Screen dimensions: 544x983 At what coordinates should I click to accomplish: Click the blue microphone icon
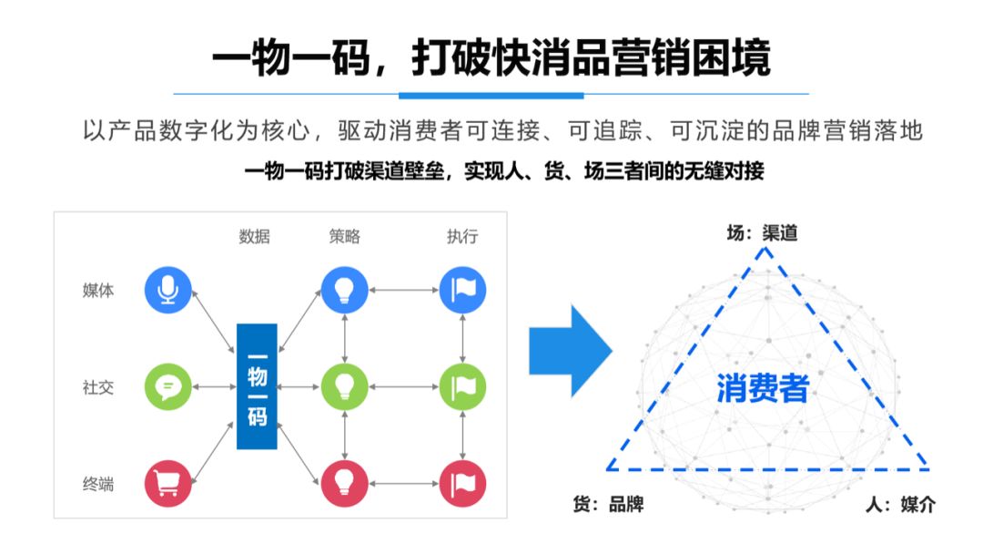click(168, 290)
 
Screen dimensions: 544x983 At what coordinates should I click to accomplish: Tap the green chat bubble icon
click(168, 386)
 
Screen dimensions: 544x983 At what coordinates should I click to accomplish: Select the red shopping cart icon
click(168, 483)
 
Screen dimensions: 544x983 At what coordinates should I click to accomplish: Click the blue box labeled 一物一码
click(257, 386)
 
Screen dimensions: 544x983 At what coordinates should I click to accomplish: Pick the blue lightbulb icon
click(344, 290)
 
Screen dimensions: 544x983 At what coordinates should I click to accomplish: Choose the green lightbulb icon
click(344, 386)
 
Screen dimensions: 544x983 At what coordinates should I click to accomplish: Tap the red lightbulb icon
click(344, 483)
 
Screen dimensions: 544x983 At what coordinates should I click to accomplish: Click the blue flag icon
click(462, 290)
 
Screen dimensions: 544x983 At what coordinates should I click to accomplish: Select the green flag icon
click(462, 386)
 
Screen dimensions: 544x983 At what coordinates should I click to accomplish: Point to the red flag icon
click(462, 483)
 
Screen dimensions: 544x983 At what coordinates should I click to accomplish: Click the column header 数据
click(254, 237)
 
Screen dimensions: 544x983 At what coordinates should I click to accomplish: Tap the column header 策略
click(344, 237)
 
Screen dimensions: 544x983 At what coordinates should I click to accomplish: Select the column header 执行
click(462, 237)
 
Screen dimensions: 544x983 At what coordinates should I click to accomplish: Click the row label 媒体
click(98, 291)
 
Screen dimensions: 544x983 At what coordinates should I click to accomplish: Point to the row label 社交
click(98, 387)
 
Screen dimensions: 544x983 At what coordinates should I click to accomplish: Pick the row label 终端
click(98, 484)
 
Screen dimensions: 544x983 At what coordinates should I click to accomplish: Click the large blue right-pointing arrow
click(568, 351)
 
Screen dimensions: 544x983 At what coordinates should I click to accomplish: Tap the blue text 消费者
click(763, 389)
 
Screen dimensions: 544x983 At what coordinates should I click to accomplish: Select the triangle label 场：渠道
click(761, 233)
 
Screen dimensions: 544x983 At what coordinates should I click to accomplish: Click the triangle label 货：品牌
click(608, 504)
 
